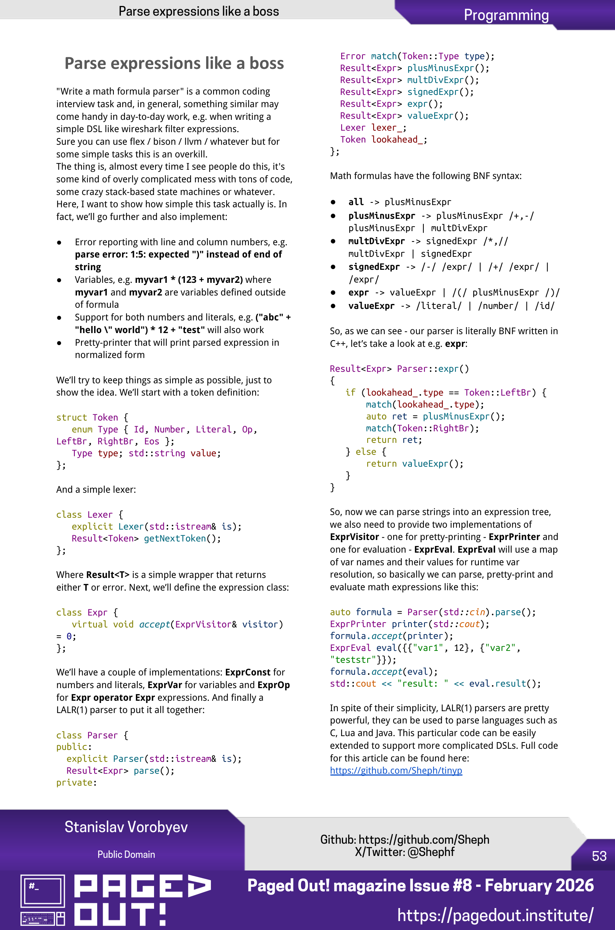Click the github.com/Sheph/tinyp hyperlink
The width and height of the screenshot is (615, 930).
pos(396,770)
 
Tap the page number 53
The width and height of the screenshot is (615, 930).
pos(599,856)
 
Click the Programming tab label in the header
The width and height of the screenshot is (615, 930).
pos(506,15)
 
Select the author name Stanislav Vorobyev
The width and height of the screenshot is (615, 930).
pos(126,827)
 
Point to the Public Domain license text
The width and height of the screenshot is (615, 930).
pos(126,854)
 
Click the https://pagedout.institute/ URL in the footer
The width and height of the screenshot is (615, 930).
pos(495,915)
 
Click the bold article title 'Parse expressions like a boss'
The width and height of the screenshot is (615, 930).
pos(174,63)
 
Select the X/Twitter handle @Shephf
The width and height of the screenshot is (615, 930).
pos(431,852)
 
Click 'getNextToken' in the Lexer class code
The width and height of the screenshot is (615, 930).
pos(175,538)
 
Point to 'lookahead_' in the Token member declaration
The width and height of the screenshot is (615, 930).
pos(397,140)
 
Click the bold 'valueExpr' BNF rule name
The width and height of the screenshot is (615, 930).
pos(371,306)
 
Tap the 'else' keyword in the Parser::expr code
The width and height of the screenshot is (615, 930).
pos(366,452)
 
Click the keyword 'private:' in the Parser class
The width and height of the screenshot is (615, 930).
pos(76,783)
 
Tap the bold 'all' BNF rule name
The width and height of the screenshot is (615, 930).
pos(356,202)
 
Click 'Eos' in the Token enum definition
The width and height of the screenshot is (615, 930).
pos(151,441)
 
